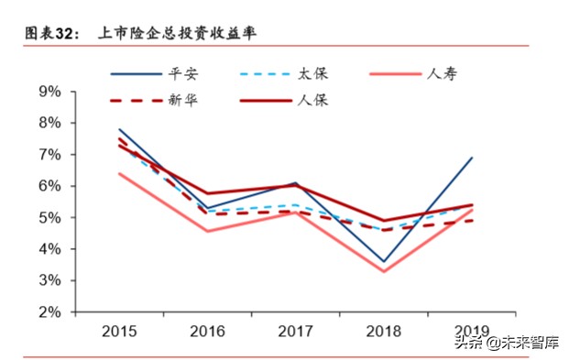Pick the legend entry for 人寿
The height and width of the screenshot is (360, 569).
pyautogui.click(x=443, y=74)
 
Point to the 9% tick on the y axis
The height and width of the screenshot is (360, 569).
pyautogui.click(x=49, y=92)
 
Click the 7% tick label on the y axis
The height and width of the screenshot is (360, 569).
pyautogui.click(x=49, y=155)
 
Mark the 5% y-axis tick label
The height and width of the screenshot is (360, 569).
pyautogui.click(x=49, y=218)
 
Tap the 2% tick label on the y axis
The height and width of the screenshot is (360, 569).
pyautogui.click(x=49, y=312)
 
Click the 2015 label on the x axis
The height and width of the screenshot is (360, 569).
pyautogui.click(x=120, y=330)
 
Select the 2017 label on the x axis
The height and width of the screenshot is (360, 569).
pyautogui.click(x=295, y=330)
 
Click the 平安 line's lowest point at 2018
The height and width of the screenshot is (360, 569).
pyautogui.click(x=383, y=262)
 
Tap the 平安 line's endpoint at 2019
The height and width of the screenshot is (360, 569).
pyautogui.click(x=471, y=158)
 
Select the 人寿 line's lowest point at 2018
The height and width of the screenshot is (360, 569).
pyautogui.click(x=383, y=271)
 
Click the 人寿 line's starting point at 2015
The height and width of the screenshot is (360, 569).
pyautogui.click(x=120, y=173)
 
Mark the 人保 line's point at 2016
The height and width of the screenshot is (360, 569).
pyautogui.click(x=208, y=193)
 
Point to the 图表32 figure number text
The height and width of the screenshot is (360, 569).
pyautogui.click(x=48, y=34)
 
